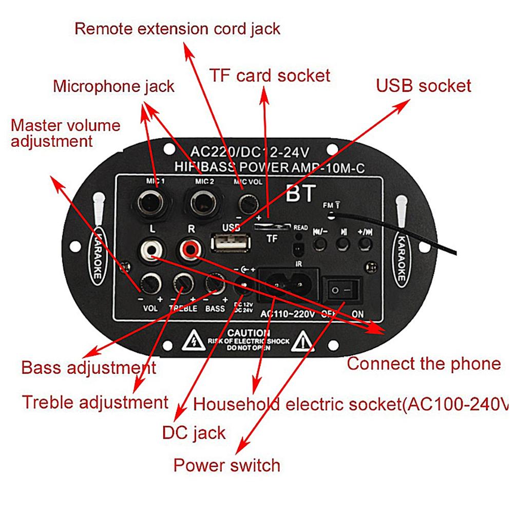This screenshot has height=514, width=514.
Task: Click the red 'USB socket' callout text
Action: click(x=423, y=85)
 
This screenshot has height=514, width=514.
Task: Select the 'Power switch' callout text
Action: click(x=226, y=465)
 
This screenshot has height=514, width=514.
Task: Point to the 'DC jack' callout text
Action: click(x=194, y=432)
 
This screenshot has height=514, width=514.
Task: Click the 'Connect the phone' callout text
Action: click(x=424, y=364)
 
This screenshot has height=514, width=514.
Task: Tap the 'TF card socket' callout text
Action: click(x=269, y=76)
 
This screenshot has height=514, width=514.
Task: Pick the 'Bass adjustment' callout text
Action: click(x=88, y=368)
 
